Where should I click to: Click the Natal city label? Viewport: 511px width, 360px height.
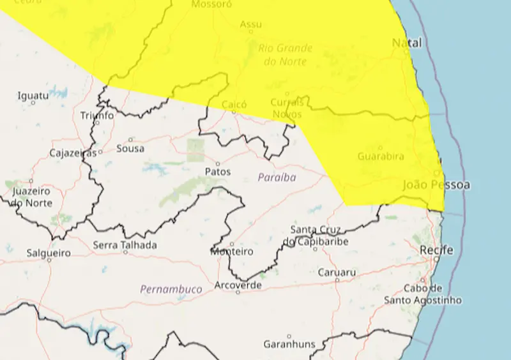coord(406,43)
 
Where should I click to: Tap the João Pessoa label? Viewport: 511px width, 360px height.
coord(436,185)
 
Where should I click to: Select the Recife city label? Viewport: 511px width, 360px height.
coord(437,250)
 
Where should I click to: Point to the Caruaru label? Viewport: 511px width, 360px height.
coord(337,273)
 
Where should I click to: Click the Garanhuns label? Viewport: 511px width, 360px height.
coord(289,344)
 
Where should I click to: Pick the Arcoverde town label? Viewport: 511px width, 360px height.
coord(238,285)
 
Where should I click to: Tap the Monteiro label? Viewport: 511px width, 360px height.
coord(232,251)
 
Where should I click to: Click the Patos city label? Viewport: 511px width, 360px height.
coord(218,172)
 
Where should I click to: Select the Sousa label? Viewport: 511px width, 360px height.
coord(130,148)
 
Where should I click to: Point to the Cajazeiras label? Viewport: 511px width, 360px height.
coord(73,153)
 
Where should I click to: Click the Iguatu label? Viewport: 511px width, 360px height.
coord(33,96)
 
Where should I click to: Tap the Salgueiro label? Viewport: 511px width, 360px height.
coord(47,253)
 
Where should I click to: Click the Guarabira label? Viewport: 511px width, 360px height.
coord(380,156)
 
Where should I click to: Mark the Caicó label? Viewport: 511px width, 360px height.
coord(234,104)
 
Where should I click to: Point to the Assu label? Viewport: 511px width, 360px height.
coord(250,24)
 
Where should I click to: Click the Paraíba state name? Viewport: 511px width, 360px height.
coord(277,177)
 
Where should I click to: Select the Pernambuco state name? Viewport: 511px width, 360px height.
coord(171,289)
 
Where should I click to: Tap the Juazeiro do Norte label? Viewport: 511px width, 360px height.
coord(31,197)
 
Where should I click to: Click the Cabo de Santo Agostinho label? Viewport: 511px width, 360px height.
coord(423,294)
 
